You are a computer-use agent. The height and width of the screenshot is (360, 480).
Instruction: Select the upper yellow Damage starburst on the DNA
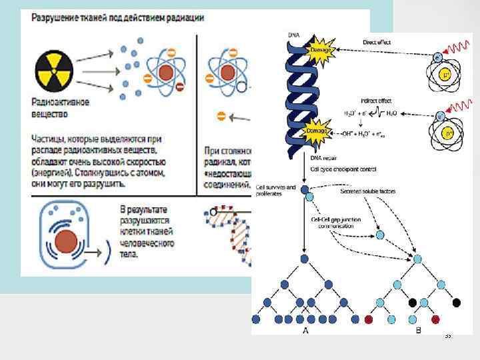click(x=319, y=50)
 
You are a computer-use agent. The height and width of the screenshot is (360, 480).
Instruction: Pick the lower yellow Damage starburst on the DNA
click(x=316, y=131)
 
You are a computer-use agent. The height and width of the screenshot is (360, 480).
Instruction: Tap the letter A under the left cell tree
click(x=305, y=329)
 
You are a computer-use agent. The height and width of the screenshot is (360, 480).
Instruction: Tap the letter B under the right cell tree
click(x=418, y=329)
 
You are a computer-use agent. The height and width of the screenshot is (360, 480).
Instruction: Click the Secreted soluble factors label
click(x=368, y=191)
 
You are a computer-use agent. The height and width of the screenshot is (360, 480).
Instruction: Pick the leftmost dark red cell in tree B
click(x=369, y=319)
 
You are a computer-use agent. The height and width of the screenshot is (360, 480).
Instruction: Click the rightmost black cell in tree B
click(x=456, y=302)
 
